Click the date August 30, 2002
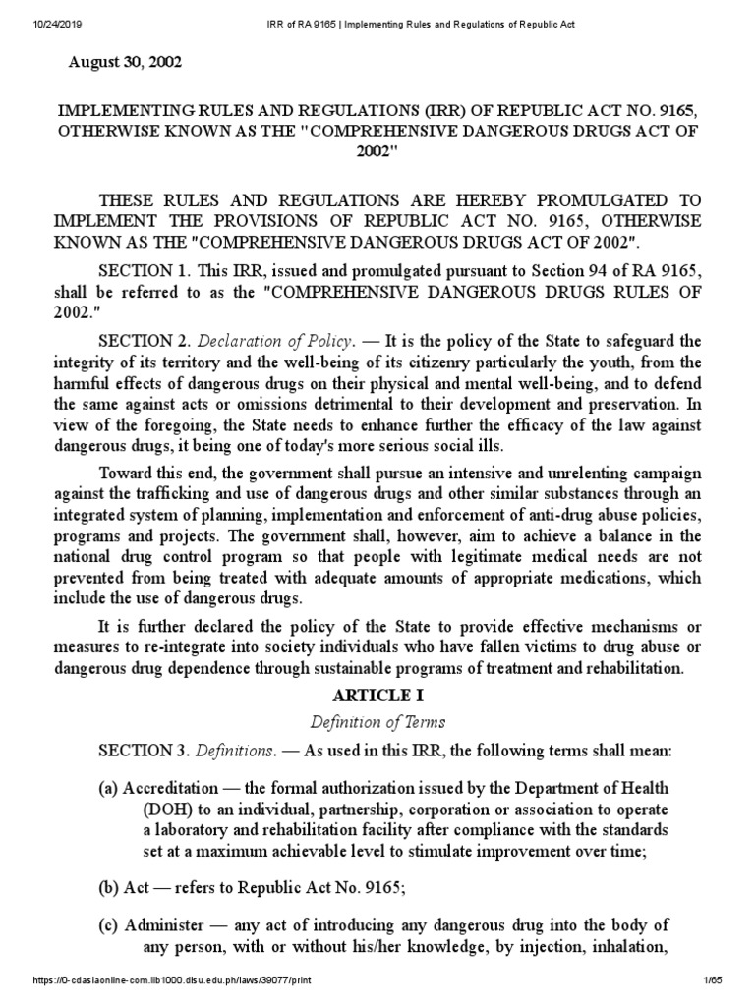[x=124, y=62]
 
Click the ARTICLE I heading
[x=377, y=695]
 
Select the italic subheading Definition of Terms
[x=377, y=722]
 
